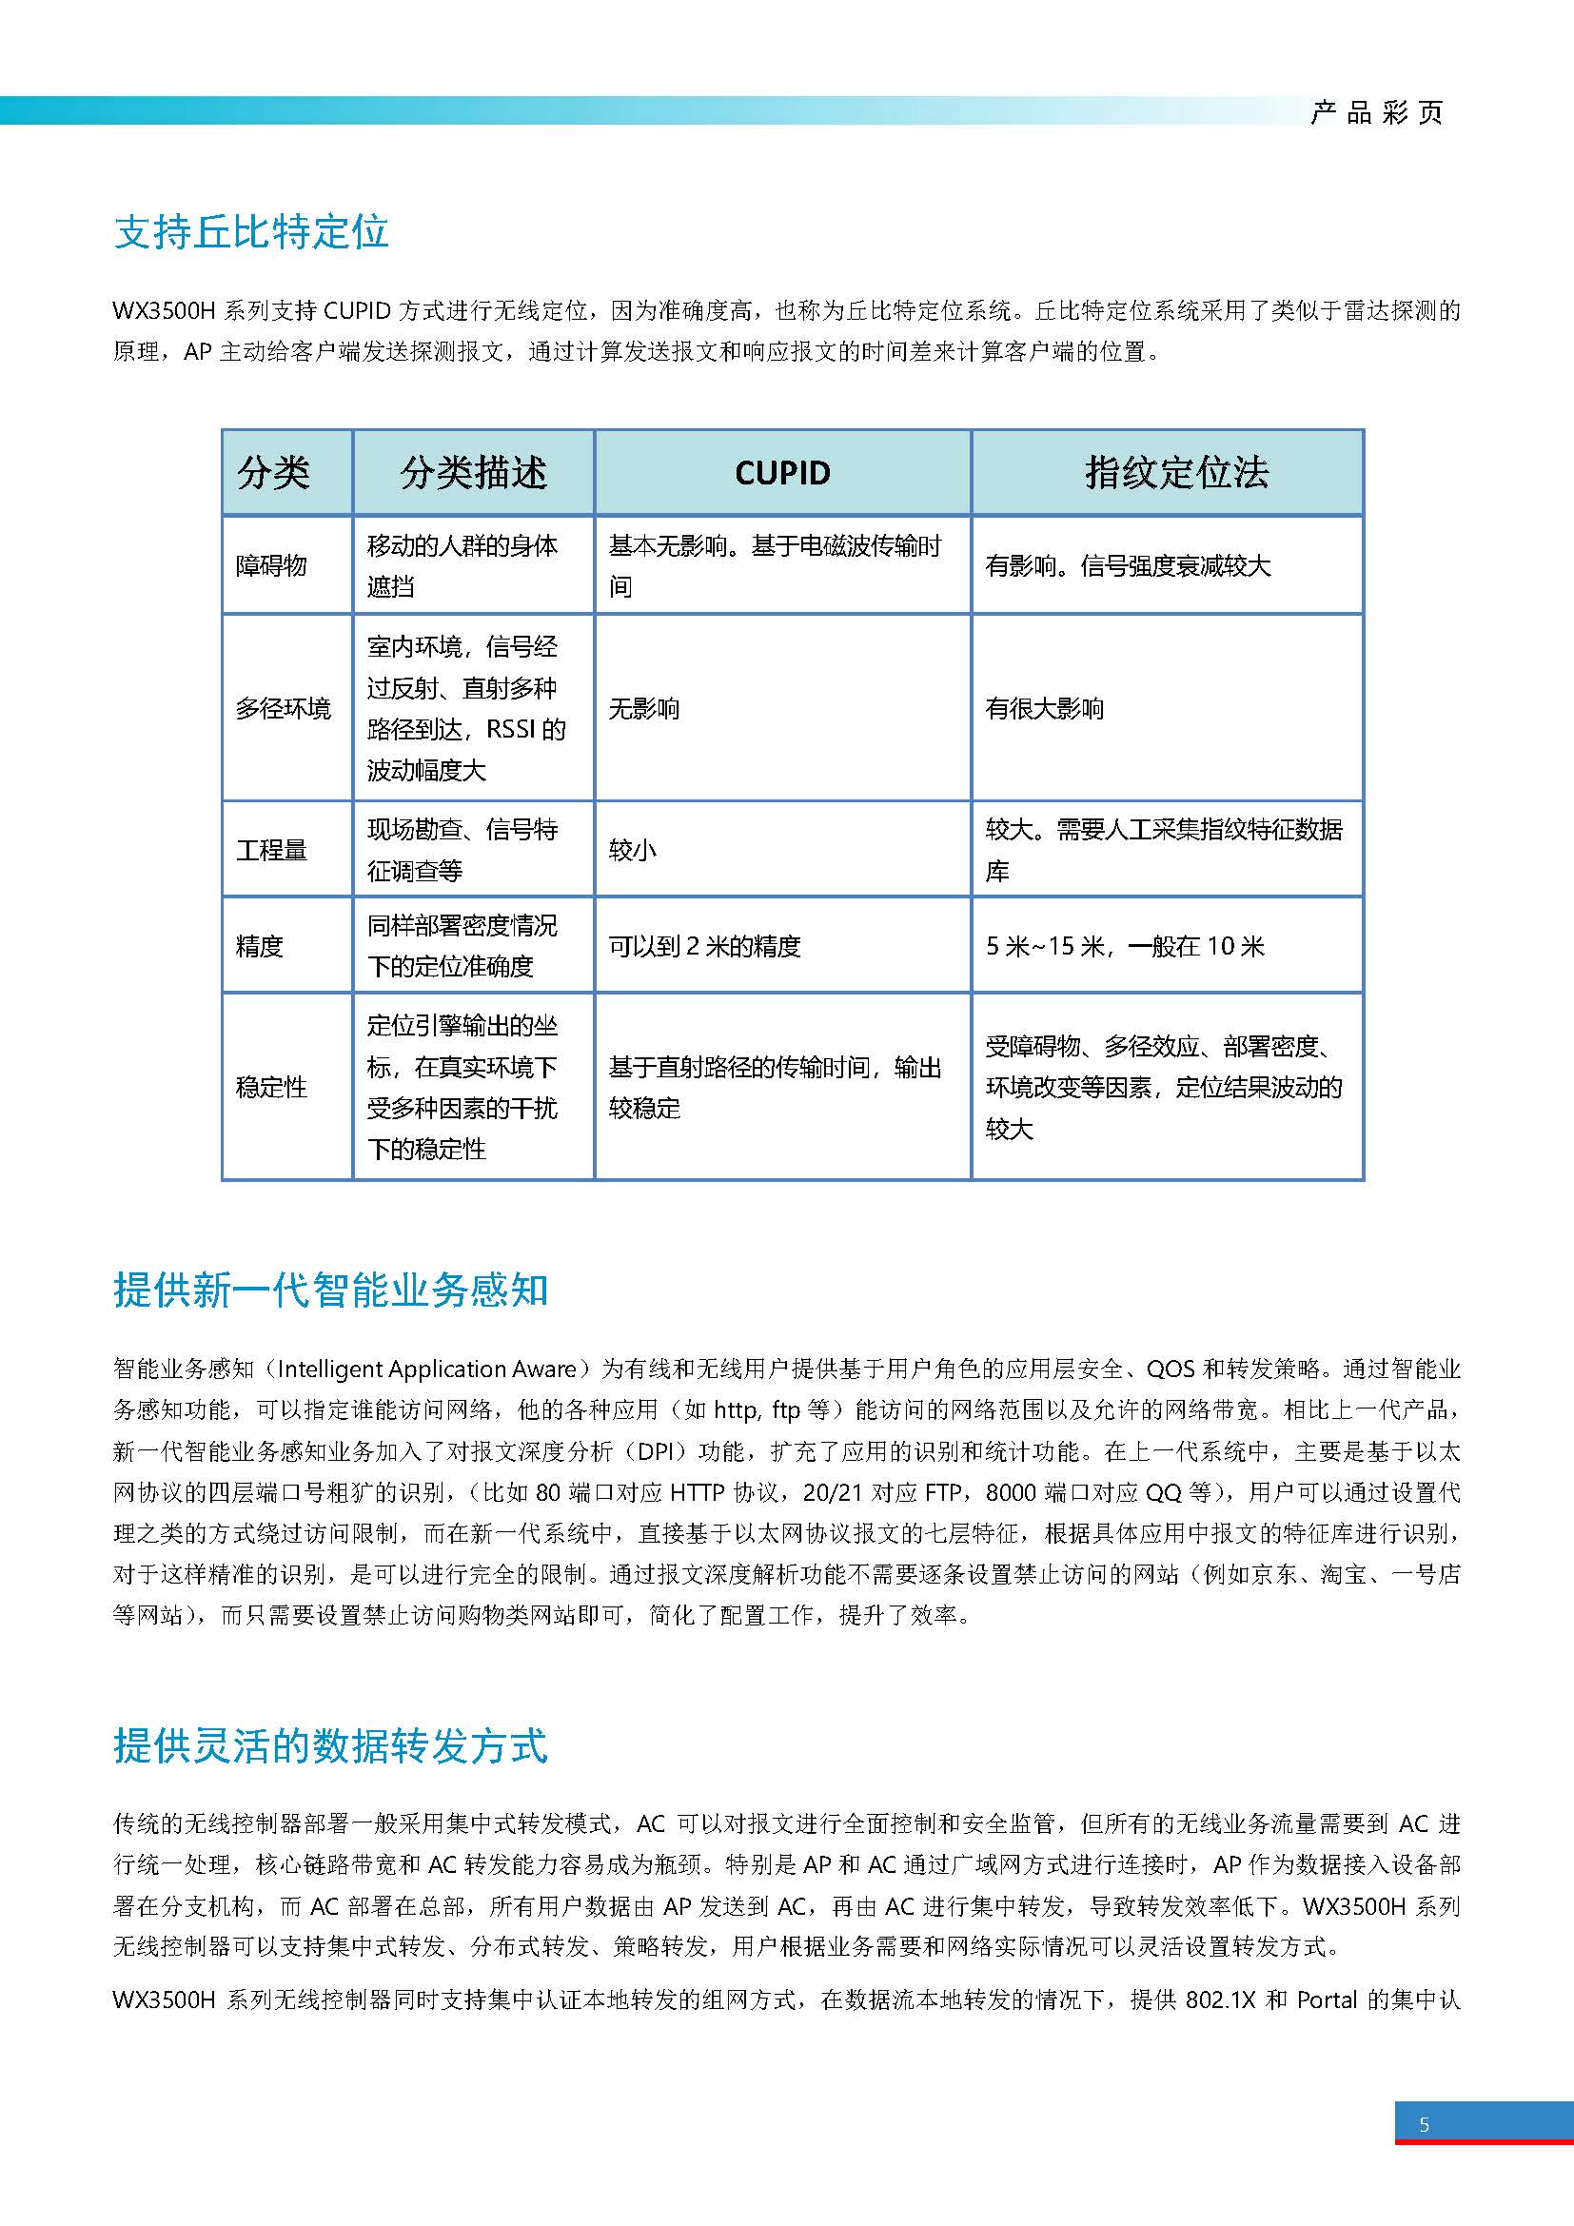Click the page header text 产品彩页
click(1376, 113)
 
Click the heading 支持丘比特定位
click(251, 232)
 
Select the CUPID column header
click(782, 473)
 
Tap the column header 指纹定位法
click(1175, 473)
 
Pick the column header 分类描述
click(473, 473)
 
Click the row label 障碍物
click(271, 566)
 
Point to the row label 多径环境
click(283, 709)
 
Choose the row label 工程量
click(271, 850)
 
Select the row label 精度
click(260, 946)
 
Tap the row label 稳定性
click(271, 1087)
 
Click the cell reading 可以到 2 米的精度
click(704, 946)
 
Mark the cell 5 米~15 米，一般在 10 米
click(1124, 946)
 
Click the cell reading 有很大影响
click(1045, 709)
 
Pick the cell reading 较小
click(633, 850)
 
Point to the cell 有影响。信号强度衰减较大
click(1127, 566)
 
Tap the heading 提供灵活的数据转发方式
click(330, 1745)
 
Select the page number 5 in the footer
click(1424, 2125)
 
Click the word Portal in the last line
click(1326, 2000)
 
